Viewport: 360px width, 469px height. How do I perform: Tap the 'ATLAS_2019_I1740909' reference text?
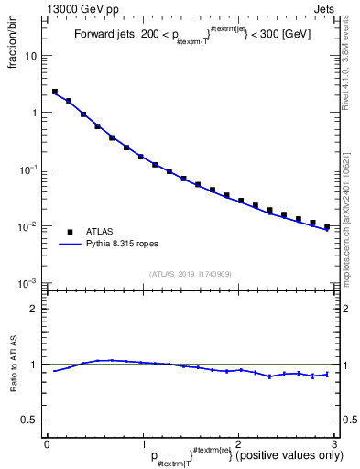pyautogui.click(x=189, y=273)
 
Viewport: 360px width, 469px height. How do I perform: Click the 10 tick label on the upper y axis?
pyautogui.click(x=31, y=56)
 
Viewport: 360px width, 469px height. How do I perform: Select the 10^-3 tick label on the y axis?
pyautogui.click(x=28, y=282)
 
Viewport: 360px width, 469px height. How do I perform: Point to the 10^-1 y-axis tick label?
pyautogui.click(x=28, y=169)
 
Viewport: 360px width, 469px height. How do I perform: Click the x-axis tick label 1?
pyautogui.click(x=142, y=442)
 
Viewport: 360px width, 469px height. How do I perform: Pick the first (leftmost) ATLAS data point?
pyautogui.click(x=55, y=92)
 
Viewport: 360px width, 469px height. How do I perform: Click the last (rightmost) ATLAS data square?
pyautogui.click(x=327, y=226)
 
